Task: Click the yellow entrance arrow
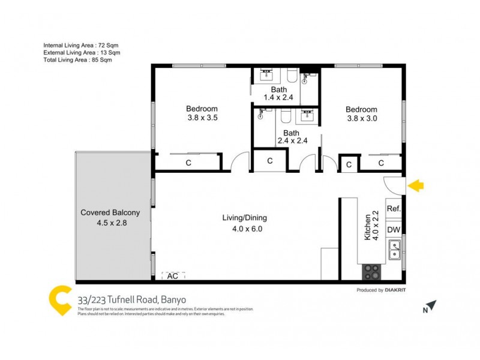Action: pyautogui.click(x=416, y=186)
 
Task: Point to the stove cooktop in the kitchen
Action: pyautogui.click(x=371, y=272)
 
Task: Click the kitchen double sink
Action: pyautogui.click(x=394, y=249)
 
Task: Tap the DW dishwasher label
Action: pyautogui.click(x=394, y=229)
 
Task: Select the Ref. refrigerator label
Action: pyautogui.click(x=394, y=208)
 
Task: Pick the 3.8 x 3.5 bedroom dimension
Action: pyautogui.click(x=202, y=118)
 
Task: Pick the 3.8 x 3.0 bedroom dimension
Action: pyautogui.click(x=361, y=119)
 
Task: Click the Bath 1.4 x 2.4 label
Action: pyautogui.click(x=278, y=94)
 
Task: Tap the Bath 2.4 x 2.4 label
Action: pyautogui.click(x=292, y=137)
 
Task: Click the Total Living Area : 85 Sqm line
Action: pyautogui.click(x=77, y=59)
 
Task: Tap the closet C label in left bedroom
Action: pyautogui.click(x=188, y=162)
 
